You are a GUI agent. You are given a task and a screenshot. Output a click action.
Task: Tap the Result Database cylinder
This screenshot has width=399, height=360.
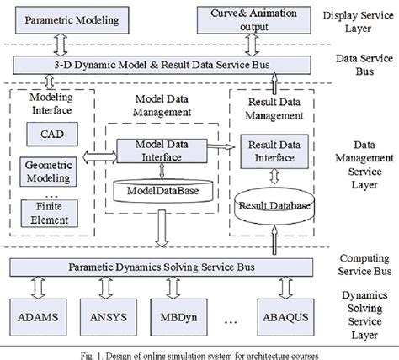(271, 205)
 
